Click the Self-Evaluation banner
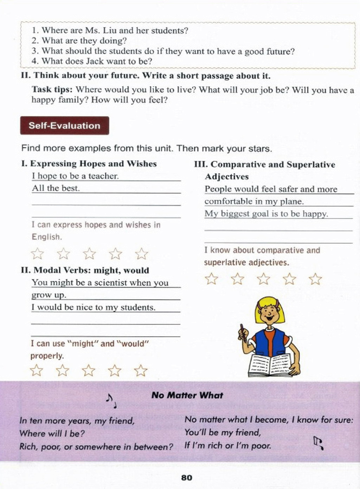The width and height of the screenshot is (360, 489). pos(64,126)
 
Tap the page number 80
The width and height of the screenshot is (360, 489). pos(187,477)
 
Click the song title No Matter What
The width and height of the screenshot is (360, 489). pos(187,395)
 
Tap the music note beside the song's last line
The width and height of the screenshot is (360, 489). pos(319,443)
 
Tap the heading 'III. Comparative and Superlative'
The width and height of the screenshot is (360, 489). pos(264,165)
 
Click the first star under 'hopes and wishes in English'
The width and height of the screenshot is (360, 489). pos(37,253)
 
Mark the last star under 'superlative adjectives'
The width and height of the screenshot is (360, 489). pos(315,279)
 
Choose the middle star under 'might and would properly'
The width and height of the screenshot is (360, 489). pos(89,370)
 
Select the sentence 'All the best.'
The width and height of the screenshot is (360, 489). pos(56,188)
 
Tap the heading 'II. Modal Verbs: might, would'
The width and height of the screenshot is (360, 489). pos(85,271)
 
